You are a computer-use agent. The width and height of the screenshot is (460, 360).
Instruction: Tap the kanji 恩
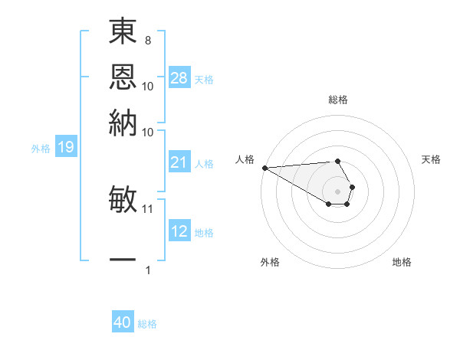(123, 77)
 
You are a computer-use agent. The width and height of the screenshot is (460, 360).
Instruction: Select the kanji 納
(123, 121)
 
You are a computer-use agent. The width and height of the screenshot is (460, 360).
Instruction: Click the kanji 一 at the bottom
(123, 260)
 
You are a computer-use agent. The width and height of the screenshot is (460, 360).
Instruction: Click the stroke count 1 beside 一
(148, 270)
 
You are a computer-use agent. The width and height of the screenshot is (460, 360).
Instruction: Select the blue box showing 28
(179, 77)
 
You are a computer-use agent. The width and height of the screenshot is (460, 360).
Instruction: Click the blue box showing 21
(179, 162)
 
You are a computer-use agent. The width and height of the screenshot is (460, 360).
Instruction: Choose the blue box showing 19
(65, 147)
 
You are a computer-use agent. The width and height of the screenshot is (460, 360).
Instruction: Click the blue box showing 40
(123, 322)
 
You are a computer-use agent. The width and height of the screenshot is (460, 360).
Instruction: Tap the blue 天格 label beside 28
(204, 79)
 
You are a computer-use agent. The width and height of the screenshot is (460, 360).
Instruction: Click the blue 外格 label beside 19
(41, 149)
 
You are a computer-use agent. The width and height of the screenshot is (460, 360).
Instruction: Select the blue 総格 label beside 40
(147, 324)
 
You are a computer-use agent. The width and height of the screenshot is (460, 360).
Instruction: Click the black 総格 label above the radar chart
(337, 100)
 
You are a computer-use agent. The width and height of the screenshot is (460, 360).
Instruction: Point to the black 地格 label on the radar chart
(402, 262)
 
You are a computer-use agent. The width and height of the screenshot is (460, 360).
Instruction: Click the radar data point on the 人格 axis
(264, 168)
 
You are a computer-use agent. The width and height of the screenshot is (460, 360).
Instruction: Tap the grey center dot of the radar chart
(337, 191)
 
